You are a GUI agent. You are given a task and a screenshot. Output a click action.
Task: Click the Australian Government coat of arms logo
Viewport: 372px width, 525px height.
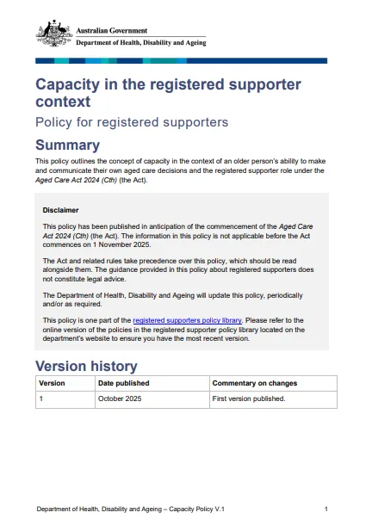[53, 34]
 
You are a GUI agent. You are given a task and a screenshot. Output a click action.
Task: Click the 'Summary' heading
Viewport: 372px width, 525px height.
[67, 145]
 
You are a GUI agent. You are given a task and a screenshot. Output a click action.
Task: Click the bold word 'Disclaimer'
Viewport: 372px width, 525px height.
[60, 209]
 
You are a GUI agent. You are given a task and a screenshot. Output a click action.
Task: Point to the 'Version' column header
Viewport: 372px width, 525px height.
[52, 383]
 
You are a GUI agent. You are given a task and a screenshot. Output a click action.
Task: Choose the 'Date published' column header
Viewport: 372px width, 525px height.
[123, 383]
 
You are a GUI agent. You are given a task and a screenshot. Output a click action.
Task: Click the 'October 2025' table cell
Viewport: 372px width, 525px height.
[120, 399]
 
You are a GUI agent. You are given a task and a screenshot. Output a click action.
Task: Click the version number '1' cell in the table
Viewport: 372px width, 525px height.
[41, 399]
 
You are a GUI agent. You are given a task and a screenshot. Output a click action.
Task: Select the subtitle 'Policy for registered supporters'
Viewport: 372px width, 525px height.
[131, 122]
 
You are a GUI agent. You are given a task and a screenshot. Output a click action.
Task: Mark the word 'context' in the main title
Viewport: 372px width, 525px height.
[66, 102]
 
